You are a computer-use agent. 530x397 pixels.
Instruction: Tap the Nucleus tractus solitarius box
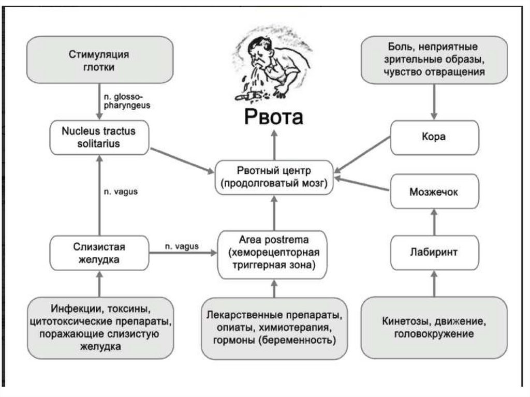[x=98, y=137]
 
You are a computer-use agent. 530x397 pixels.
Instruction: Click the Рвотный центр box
[x=274, y=177]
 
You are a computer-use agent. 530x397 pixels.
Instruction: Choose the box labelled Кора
[x=434, y=137]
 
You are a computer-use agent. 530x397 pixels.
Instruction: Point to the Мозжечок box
[x=434, y=192]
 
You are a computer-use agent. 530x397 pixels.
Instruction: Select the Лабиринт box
[x=434, y=253]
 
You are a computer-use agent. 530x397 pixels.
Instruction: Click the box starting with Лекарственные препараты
[x=274, y=327]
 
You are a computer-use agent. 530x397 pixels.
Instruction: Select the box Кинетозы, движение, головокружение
[x=434, y=327]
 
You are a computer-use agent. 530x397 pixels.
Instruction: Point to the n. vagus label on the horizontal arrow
[x=181, y=246]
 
